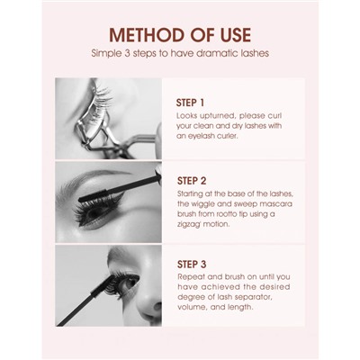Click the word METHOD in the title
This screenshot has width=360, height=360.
(x=142, y=35)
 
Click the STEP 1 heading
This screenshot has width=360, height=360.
(x=190, y=103)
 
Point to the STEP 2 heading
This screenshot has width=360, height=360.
(x=192, y=181)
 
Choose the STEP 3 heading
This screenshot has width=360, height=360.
(x=192, y=265)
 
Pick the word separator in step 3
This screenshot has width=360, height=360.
(x=249, y=297)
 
